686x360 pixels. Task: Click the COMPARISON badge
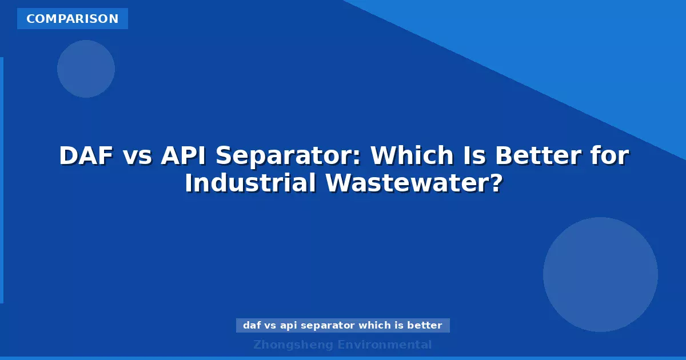(73, 19)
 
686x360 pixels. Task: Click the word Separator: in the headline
(292, 156)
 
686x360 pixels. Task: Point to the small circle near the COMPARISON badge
(86, 69)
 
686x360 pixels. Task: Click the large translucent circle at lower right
(600, 274)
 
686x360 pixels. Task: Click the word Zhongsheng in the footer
(293, 345)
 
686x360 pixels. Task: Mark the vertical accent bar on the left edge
(2, 180)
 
